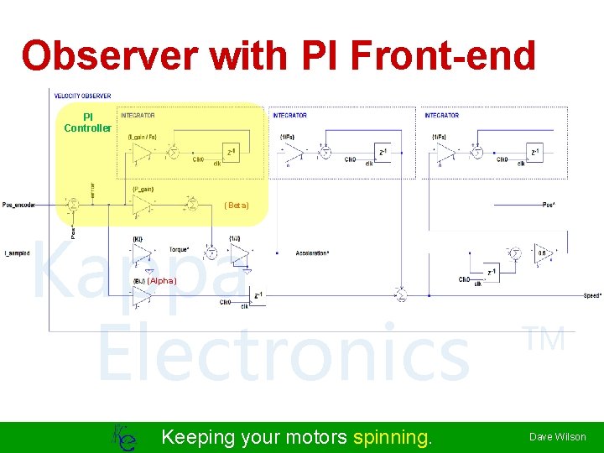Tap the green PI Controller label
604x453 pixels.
pyautogui.click(x=87, y=122)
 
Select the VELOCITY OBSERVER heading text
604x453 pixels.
pyautogui.click(x=82, y=96)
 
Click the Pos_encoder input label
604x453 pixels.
pyautogui.click(x=18, y=204)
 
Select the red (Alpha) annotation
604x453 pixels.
pyautogui.click(x=162, y=281)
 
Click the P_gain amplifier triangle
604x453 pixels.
pyautogui.click(x=142, y=204)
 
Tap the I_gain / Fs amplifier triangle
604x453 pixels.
pyautogui.click(x=142, y=152)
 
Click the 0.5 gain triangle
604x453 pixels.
pyautogui.click(x=542, y=253)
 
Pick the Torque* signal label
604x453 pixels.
pyautogui.click(x=180, y=250)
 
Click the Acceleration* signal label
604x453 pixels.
pyautogui.click(x=313, y=253)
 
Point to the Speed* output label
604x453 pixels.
pyautogui.click(x=592, y=296)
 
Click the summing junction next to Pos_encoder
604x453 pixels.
pyautogui.click(x=73, y=204)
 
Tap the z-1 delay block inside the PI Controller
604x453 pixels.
pyautogui.click(x=232, y=151)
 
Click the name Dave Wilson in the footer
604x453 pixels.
pyautogui.click(x=557, y=437)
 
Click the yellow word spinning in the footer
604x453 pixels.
pyautogui.click(x=393, y=437)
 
